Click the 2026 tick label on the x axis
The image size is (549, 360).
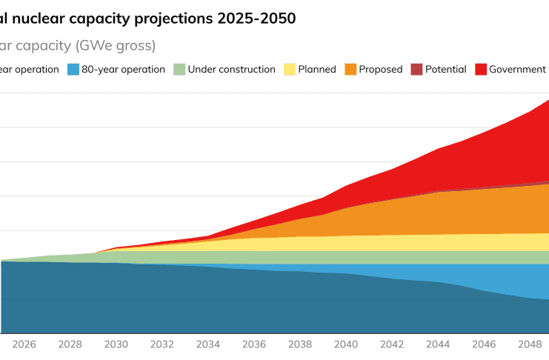point(24,344)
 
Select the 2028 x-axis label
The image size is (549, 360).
point(70,344)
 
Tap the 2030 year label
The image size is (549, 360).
point(116,344)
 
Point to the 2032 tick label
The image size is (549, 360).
point(162,344)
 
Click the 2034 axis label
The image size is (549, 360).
point(208,344)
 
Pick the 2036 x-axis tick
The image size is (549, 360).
point(254,344)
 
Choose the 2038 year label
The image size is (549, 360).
point(300,344)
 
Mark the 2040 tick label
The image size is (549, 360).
point(346,344)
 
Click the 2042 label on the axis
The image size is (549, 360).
point(392,344)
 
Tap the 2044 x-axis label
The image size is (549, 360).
point(438,344)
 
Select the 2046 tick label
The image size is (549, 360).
point(484,344)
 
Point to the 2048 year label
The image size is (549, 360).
point(530,344)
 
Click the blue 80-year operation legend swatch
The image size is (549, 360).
point(73,70)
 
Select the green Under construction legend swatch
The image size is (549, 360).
point(179,70)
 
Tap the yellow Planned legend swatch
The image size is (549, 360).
point(289,70)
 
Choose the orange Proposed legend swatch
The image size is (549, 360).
point(350,70)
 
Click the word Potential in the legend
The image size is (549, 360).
point(445,70)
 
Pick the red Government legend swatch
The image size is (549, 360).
point(480,70)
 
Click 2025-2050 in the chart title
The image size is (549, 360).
point(256,19)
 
